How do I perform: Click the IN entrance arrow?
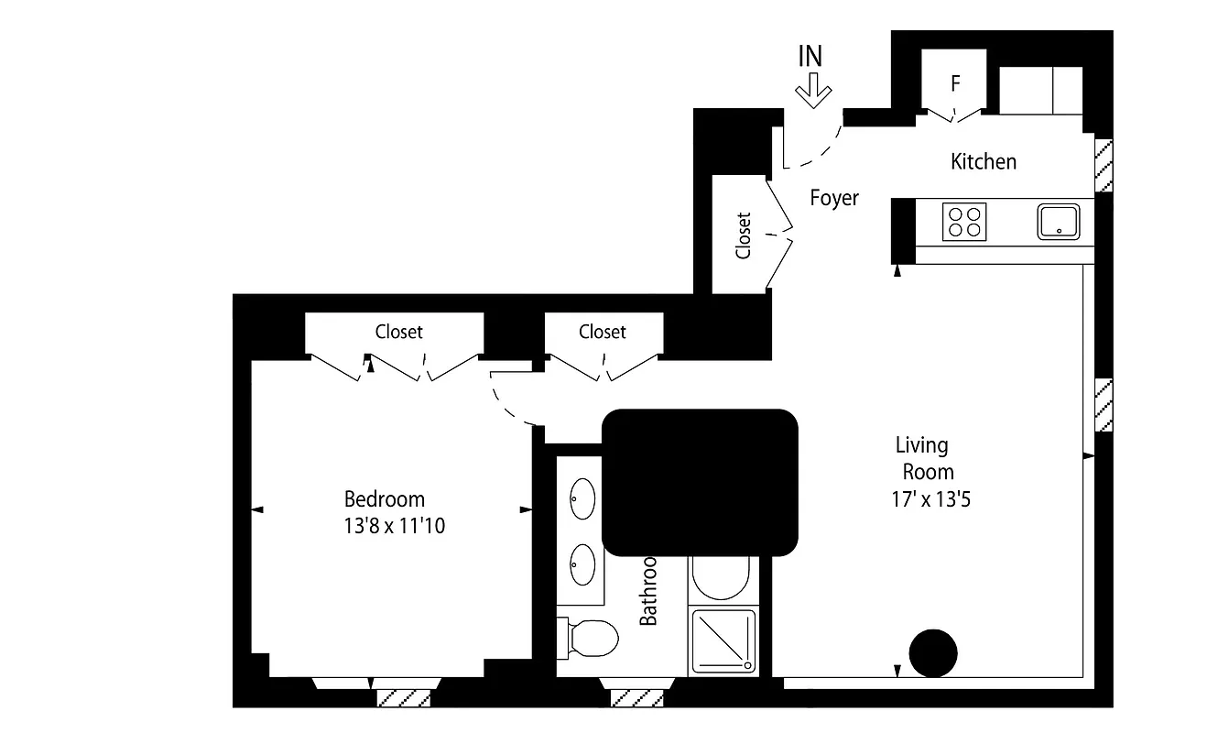812,92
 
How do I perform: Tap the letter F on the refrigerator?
955,83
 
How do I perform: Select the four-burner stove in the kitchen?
964,221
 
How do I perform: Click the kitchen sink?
1059,221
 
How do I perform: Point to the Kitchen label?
984,162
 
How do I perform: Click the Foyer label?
834,198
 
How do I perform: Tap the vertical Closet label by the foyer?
743,235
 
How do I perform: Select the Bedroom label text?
384,499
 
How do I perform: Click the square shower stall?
725,641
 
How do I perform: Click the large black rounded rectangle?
700,482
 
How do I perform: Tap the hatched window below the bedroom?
403,697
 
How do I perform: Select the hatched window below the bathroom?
636,697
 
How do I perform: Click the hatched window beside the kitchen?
1104,166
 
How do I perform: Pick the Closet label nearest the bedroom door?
602,332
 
